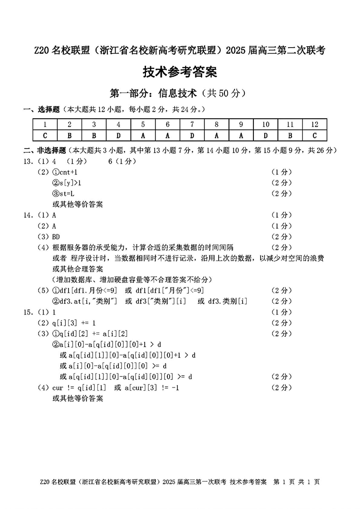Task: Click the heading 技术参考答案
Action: [x=180, y=72]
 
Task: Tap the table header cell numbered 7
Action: [x=192, y=125]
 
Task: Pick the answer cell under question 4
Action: [x=118, y=135]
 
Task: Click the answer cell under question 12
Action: [x=315, y=135]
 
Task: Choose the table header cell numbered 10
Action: [x=266, y=125]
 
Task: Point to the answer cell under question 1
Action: [x=45, y=135]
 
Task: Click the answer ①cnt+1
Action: [x=65, y=172]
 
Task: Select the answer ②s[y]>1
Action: [x=67, y=183]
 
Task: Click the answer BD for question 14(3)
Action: [x=56, y=237]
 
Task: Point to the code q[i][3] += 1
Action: [x=74, y=323]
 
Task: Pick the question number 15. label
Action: [x=29, y=312]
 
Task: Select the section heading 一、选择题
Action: [x=42, y=109]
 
